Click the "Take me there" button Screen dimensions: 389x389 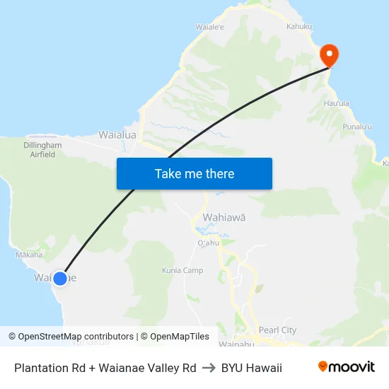click(194, 173)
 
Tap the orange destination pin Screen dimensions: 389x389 click(329, 55)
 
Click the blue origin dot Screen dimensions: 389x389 click(60, 279)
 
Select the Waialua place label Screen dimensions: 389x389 click(117, 134)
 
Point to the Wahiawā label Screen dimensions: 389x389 click(224, 218)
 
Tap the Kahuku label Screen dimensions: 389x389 click(299, 26)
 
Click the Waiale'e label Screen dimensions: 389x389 click(210, 27)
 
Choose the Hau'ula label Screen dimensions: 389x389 click(336, 103)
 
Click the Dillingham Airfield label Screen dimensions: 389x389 click(42, 149)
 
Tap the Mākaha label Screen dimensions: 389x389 click(29, 255)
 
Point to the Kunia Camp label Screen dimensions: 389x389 click(182, 270)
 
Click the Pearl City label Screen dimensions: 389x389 click(278, 330)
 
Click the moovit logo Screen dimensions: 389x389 click(346, 367)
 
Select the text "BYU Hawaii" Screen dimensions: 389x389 click(252, 368)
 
